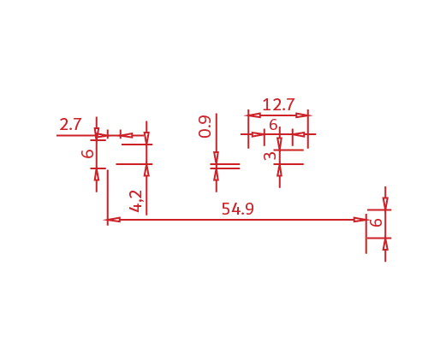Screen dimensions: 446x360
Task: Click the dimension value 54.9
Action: (x=237, y=209)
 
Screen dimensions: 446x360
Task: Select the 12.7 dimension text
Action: (x=278, y=104)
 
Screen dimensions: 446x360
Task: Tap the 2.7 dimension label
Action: (x=70, y=125)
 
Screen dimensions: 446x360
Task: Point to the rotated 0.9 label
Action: (x=205, y=127)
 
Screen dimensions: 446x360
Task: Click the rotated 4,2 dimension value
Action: (x=135, y=201)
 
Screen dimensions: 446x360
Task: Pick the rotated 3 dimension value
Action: (x=270, y=156)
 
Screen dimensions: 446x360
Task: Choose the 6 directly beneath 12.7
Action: (x=273, y=125)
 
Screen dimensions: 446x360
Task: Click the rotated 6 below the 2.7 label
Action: (x=87, y=154)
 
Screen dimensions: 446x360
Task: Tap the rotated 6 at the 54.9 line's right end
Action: (x=376, y=222)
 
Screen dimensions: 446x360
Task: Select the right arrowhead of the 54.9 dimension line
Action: (x=360, y=220)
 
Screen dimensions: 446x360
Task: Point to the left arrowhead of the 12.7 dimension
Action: (x=254, y=115)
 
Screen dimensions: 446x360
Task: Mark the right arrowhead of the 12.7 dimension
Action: (x=302, y=115)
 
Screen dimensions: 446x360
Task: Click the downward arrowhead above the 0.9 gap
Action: (x=216, y=158)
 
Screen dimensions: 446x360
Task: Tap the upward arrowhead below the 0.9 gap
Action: (x=216, y=174)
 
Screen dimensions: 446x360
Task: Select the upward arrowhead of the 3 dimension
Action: (x=279, y=170)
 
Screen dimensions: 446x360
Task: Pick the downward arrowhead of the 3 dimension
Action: (x=279, y=144)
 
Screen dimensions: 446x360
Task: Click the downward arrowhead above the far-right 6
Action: (x=385, y=204)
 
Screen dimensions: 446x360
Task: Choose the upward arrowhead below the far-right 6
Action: (x=385, y=244)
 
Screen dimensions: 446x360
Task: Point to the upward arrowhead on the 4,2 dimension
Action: (x=146, y=170)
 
